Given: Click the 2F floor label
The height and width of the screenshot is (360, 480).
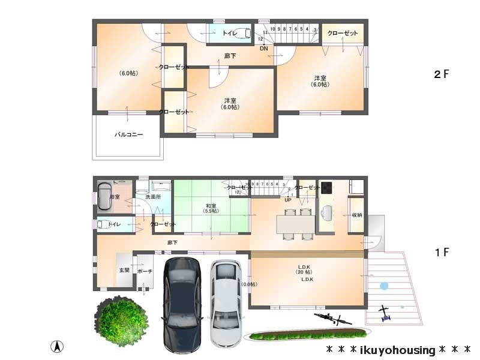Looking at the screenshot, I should [x=442, y=74].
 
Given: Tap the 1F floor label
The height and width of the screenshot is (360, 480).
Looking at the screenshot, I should [x=442, y=252].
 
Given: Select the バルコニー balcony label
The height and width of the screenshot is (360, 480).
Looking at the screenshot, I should [x=128, y=135].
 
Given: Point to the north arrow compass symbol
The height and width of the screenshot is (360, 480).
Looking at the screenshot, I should [x=57, y=346].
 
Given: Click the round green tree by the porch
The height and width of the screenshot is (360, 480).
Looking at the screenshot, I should [x=122, y=319].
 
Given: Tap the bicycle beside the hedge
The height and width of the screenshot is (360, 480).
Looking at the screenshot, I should [x=332, y=318].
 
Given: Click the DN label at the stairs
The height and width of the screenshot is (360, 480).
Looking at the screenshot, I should [x=263, y=49].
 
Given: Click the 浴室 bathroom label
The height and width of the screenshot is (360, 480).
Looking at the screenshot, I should [x=115, y=197].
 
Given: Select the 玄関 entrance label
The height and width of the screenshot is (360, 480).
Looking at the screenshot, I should [x=124, y=271].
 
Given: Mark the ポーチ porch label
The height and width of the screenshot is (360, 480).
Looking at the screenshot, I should [x=145, y=271].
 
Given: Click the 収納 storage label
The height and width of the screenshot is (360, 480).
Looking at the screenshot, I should [x=356, y=214].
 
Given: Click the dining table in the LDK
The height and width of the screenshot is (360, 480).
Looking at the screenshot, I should [x=295, y=224].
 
